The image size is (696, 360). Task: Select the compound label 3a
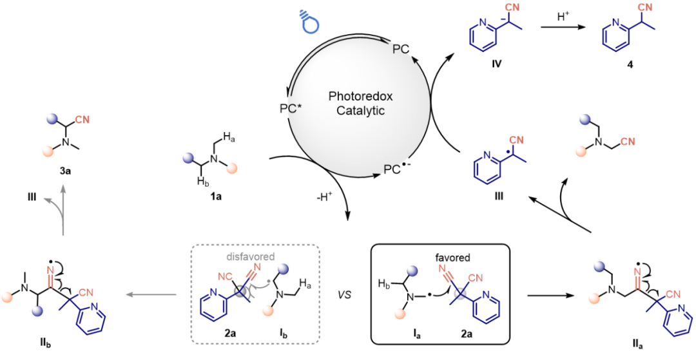[63, 172]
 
